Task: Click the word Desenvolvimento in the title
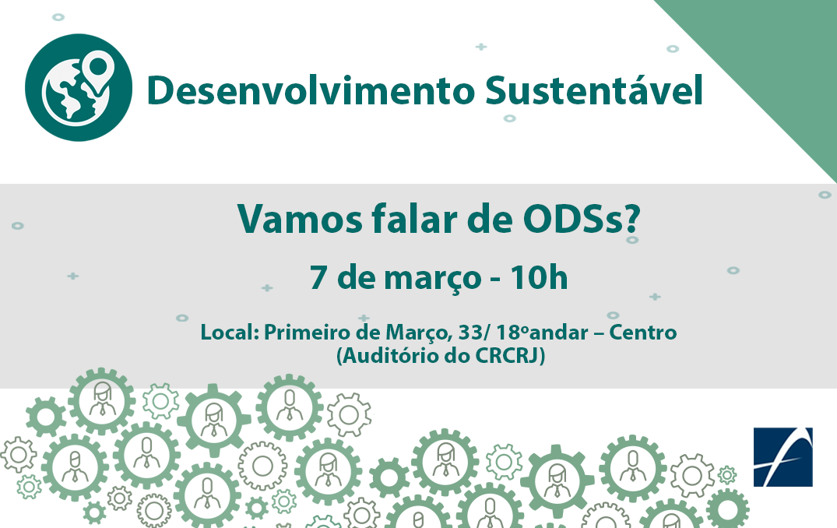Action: pyautogui.click(x=311, y=90)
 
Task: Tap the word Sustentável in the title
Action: pyautogui.click(x=594, y=89)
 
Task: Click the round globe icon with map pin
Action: pyautogui.click(x=79, y=87)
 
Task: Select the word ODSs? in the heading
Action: pyautogui.click(x=582, y=219)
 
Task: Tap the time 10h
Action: pyautogui.click(x=539, y=277)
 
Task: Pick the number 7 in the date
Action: pyautogui.click(x=318, y=277)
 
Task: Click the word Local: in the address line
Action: pyautogui.click(x=230, y=332)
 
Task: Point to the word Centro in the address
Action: pyautogui.click(x=642, y=332)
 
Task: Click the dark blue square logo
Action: pyautogui.click(x=782, y=457)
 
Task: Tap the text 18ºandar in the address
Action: pyautogui.click(x=542, y=332)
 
